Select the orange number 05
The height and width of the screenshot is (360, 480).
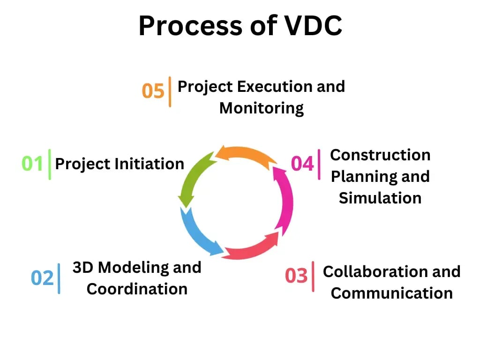(x=153, y=91)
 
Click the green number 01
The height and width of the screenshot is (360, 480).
(x=32, y=164)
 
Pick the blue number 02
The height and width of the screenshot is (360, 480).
(x=43, y=278)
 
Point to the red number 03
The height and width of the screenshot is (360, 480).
(x=296, y=276)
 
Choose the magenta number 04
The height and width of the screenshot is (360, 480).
(x=302, y=164)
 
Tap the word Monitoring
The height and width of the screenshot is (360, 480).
(x=262, y=108)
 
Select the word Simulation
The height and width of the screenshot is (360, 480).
(x=380, y=198)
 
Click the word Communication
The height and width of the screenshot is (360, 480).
(x=391, y=293)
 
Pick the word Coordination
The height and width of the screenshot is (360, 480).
(x=137, y=289)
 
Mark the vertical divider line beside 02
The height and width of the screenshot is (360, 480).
(x=59, y=278)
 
